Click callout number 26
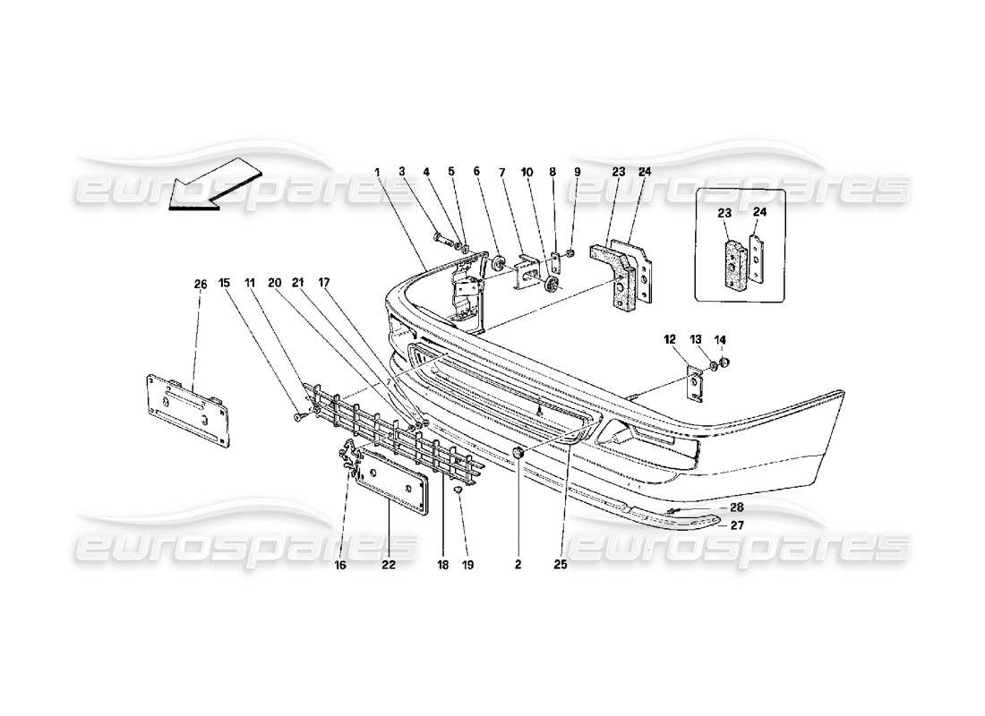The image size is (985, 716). click(200, 284)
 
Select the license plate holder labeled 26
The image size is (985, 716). click(186, 410)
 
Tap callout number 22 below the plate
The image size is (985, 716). click(389, 566)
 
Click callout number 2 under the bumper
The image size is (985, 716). click(518, 566)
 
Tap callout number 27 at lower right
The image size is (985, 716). click(737, 525)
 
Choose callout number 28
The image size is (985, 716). click(737, 507)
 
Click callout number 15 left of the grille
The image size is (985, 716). click(225, 284)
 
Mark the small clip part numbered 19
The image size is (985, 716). click(458, 490)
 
